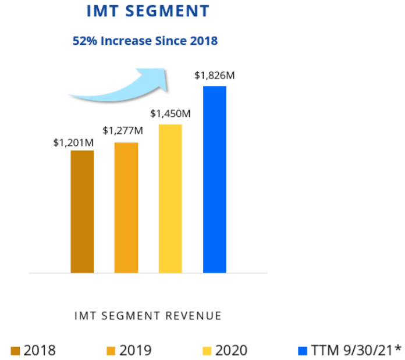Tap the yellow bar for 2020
[170, 198]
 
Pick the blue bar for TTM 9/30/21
[214, 179]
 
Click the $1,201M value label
[73, 142]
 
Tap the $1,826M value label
[214, 76]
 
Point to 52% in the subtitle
[83, 41]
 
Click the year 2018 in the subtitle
[204, 41]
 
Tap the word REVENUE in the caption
[196, 316]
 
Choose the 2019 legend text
[135, 350]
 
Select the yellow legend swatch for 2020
[207, 350]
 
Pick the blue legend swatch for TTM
[302, 350]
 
